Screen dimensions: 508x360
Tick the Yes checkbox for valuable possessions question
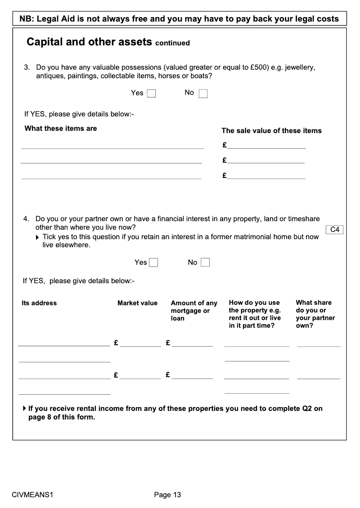click(151, 94)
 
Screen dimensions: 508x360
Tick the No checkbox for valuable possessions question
click(203, 94)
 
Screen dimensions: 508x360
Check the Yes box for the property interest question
click(153, 263)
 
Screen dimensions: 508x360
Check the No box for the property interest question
click(205, 263)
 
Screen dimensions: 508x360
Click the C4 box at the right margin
click(334, 230)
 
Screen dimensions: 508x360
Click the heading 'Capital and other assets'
click(89, 42)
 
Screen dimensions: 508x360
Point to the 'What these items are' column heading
click(61, 129)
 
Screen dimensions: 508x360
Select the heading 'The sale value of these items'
click(271, 131)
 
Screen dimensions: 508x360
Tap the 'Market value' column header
click(137, 303)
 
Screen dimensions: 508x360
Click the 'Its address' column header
click(39, 303)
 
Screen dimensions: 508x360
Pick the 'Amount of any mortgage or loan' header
click(194, 311)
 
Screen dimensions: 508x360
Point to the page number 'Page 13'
click(167, 495)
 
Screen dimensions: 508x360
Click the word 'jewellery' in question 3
click(298, 68)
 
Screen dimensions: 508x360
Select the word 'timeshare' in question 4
click(304, 219)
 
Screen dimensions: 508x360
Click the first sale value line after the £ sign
click(266, 145)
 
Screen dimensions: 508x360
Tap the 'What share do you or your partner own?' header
click(315, 314)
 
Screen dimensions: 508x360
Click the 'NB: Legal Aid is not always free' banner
click(179, 19)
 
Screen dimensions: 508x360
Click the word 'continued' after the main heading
click(172, 43)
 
